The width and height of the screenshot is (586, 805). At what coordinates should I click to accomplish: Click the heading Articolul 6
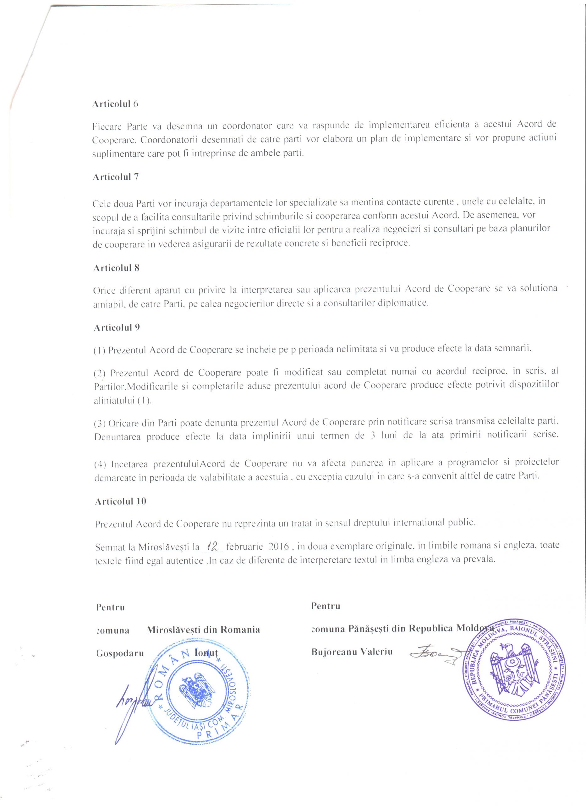[x=115, y=104]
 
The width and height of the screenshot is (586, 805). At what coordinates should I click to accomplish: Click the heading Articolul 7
[x=116, y=177]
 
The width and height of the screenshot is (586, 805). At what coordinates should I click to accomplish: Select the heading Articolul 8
[x=116, y=268]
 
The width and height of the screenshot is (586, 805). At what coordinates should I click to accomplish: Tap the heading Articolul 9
[x=117, y=327]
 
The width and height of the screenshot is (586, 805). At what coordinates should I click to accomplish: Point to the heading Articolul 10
[x=121, y=501]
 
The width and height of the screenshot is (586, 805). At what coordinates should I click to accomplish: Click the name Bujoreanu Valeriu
[x=352, y=652]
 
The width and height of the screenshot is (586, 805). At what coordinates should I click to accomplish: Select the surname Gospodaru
[x=120, y=653]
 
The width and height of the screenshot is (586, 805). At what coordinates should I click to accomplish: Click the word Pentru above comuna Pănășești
[x=326, y=606]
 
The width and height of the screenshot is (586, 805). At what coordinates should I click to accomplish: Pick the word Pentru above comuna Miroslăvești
[x=110, y=607]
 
